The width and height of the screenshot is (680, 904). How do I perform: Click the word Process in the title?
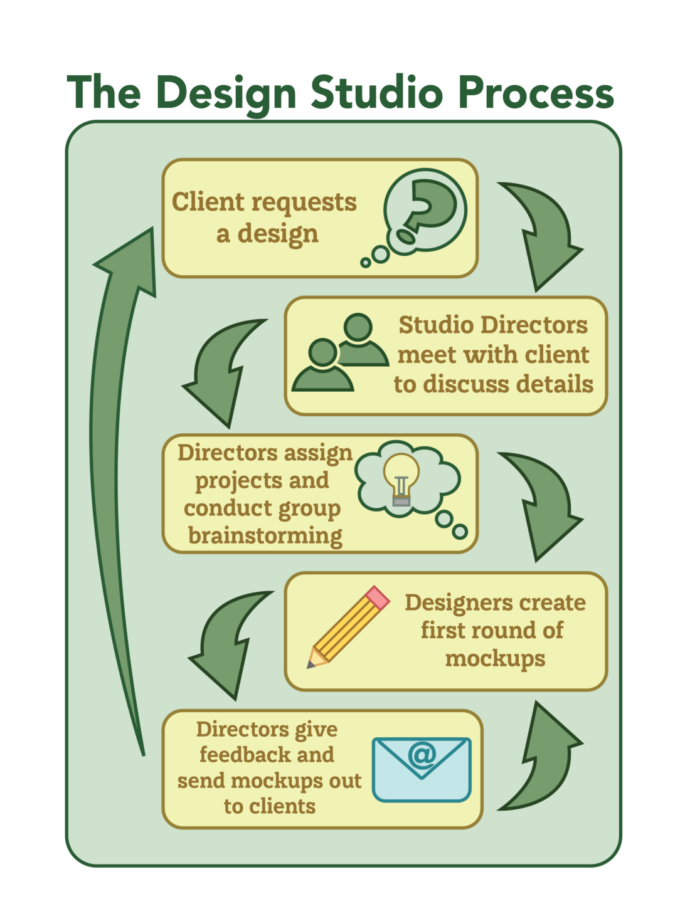pos(535,93)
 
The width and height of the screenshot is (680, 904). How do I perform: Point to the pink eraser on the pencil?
pos(377,597)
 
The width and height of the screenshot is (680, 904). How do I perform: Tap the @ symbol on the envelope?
pos(422,754)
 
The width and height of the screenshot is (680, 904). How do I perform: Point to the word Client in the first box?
pos(199,202)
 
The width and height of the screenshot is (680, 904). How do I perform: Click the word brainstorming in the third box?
pos(265,536)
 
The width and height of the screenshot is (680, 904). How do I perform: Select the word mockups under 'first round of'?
pos(495,659)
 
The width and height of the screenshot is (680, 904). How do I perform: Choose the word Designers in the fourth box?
pos(450,602)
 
